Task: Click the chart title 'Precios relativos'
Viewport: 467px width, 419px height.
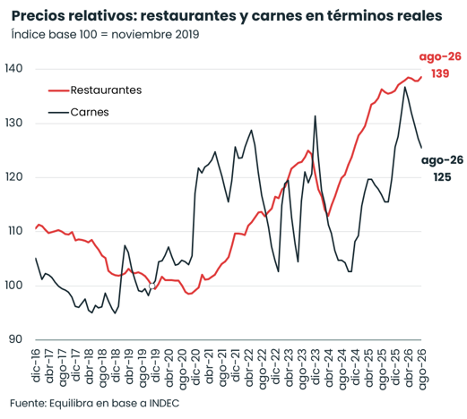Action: click(74, 16)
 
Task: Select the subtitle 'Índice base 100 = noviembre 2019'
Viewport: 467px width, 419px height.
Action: click(105, 34)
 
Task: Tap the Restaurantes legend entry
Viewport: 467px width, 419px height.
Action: click(95, 90)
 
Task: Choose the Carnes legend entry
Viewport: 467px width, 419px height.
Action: click(79, 112)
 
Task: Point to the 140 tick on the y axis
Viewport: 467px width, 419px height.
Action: click(13, 69)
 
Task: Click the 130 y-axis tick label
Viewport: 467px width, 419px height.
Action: click(13, 123)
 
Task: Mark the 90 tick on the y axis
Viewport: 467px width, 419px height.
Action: click(15, 339)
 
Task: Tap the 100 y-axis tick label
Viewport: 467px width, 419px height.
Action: click(13, 286)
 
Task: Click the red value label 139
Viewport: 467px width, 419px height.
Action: click(440, 73)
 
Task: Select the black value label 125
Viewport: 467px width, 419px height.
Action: click(442, 177)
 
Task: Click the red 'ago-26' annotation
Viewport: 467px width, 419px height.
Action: click(440, 56)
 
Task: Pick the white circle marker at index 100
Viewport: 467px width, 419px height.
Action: click(151, 286)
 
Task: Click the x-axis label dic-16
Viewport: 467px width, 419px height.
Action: click(36, 364)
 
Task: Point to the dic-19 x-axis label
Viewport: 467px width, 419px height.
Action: click(155, 364)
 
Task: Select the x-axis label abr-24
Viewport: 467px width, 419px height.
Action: click(328, 367)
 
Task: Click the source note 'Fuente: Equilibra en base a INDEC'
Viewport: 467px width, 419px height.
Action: click(95, 404)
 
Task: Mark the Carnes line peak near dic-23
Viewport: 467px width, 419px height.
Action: click(315, 115)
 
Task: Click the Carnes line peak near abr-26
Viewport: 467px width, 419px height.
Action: click(405, 87)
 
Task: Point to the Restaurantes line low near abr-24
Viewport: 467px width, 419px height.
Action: click(328, 216)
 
